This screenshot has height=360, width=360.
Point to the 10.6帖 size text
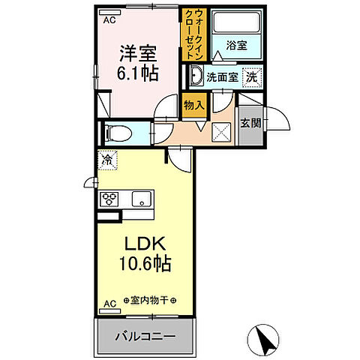(145, 263)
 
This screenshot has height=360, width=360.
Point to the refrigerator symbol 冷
(108, 160)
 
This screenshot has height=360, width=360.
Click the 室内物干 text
(150, 301)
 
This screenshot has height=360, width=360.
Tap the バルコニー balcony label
(145, 334)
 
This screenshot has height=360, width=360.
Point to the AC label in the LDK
(109, 304)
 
